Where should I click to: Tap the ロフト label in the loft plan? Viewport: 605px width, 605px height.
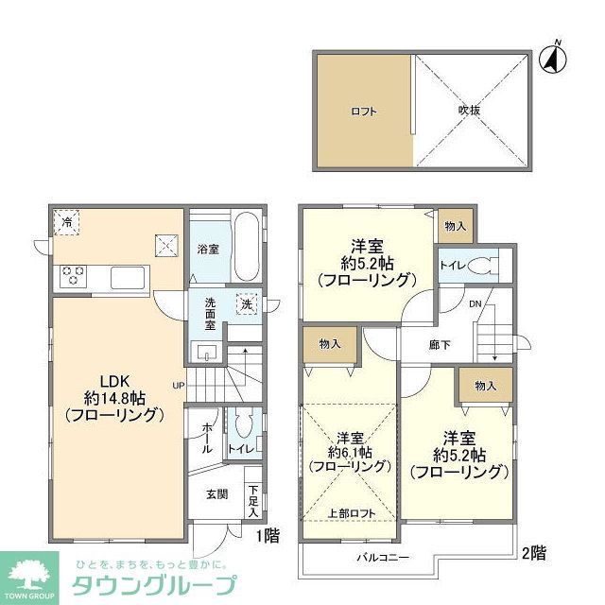(x=364, y=112)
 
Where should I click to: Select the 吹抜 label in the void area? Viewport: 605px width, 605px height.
(x=470, y=112)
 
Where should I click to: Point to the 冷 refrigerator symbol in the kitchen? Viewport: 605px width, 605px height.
(x=67, y=221)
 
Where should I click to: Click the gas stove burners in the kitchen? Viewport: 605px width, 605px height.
(x=74, y=276)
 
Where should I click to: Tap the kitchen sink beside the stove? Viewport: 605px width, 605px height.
(x=128, y=278)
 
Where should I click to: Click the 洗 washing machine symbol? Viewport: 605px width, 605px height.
(x=246, y=305)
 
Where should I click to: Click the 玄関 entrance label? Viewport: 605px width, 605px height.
(x=216, y=493)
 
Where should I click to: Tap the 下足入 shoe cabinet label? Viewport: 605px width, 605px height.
(x=252, y=501)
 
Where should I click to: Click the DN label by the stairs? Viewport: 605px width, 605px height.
(x=475, y=304)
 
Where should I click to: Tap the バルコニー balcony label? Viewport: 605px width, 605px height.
(x=383, y=558)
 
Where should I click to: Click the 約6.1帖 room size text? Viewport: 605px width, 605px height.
(x=351, y=453)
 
